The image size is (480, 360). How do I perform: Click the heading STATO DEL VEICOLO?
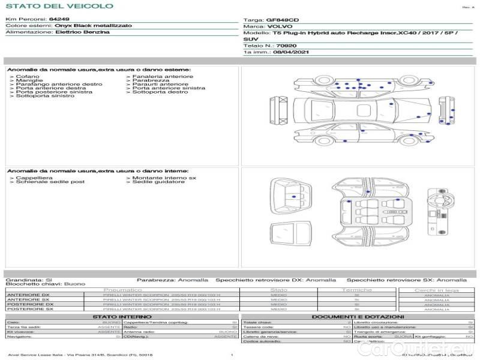click(59, 7)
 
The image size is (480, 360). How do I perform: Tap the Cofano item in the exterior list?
click(28, 77)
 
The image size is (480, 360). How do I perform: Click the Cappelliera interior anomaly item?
click(34, 178)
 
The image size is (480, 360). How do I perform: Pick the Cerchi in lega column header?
click(436, 290)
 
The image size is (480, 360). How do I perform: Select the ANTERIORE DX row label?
click(28, 295)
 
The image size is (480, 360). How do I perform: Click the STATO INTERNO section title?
click(122, 316)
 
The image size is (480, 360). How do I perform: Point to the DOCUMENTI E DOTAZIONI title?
click(358, 316)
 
